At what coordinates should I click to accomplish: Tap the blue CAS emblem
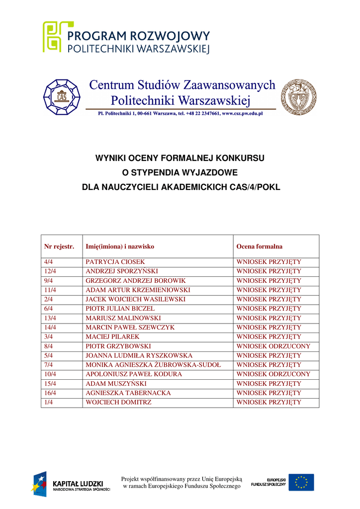[62, 96]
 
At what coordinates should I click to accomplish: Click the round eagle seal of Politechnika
[298, 97]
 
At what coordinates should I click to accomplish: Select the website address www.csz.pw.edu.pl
[242, 113]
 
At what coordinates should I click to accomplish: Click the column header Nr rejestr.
[59, 246]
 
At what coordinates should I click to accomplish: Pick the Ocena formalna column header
[259, 246]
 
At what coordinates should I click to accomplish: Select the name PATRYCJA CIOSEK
[115, 261]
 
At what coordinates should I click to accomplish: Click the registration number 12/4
[50, 271]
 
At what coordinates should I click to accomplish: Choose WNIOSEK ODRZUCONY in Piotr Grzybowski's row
[273, 346]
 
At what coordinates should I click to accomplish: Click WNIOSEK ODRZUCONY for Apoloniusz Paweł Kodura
[273, 374]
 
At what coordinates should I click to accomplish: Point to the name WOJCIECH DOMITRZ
[118, 402]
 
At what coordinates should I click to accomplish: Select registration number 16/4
[50, 393]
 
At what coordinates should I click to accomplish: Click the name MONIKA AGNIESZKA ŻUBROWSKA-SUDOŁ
[153, 365]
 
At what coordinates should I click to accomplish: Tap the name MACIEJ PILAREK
[112, 337]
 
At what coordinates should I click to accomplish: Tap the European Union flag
[301, 482]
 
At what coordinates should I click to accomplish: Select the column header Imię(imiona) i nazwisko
[120, 246]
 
